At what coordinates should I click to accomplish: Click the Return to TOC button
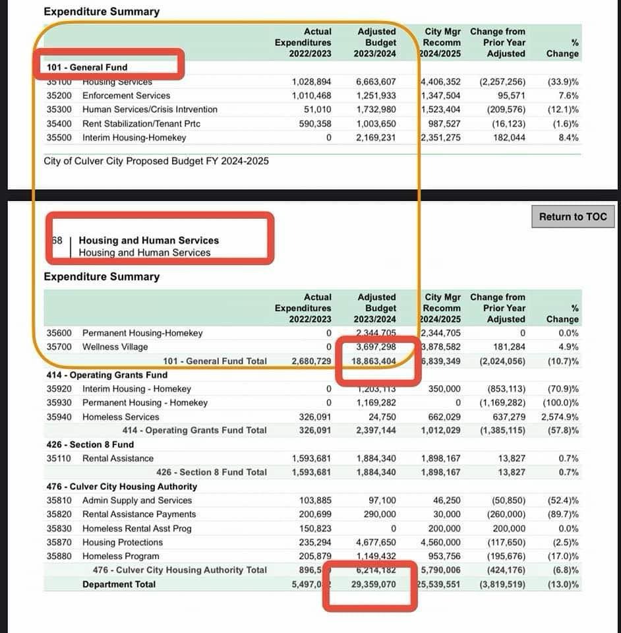click(x=572, y=216)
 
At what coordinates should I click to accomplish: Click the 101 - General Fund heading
click(x=87, y=67)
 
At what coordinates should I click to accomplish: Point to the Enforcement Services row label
click(x=126, y=96)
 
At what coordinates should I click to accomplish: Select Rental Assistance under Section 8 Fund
click(x=117, y=458)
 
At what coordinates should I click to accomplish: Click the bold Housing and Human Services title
click(x=148, y=241)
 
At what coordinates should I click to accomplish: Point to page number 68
click(x=57, y=241)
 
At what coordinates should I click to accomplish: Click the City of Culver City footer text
click(x=156, y=161)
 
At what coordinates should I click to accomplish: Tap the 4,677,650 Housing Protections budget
click(x=375, y=542)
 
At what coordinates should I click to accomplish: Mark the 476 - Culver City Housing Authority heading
click(x=121, y=487)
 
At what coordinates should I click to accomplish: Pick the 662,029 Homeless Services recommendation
click(x=442, y=417)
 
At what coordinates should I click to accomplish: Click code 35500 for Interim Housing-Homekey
click(x=59, y=138)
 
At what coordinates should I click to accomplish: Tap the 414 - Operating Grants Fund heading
click(x=107, y=375)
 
